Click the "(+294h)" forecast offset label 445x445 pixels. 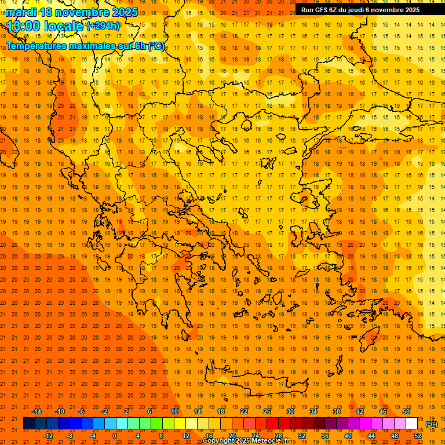[x=103, y=26]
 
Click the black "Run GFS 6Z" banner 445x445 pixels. [x=364, y=9]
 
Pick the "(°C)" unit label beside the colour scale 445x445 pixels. [x=432, y=424]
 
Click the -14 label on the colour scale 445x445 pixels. [x=36, y=411]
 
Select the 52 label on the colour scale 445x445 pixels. [x=418, y=436]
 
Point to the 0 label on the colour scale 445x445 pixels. [x=114, y=436]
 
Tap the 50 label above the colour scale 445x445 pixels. [x=406, y=411]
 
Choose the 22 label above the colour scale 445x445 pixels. [x=244, y=411]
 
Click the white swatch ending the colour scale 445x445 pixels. [x=412, y=424]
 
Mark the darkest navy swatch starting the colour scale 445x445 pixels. [x=29, y=424]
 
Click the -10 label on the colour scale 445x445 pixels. [x=59, y=411]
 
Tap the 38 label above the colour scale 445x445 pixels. [x=337, y=411]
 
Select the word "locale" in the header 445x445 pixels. [x=64, y=26]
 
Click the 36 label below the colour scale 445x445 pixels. [x=325, y=436]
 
